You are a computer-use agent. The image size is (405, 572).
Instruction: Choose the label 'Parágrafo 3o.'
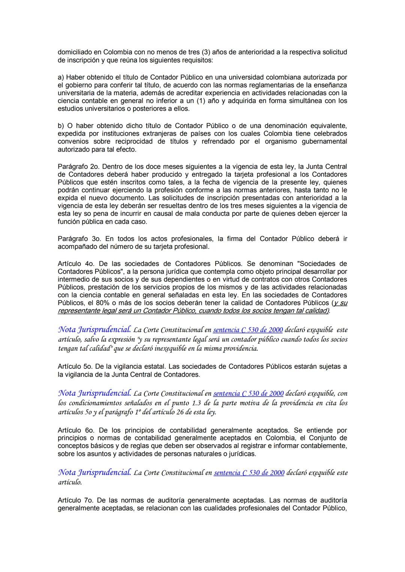(79, 239)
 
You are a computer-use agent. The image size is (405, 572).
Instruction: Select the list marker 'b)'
(61, 126)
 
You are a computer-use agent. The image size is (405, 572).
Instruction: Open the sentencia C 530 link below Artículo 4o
(248, 330)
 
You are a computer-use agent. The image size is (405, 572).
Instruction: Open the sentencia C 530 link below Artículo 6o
(249, 473)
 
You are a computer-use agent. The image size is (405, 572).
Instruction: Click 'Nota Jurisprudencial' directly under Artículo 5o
(94, 394)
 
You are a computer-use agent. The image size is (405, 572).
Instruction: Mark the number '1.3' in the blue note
(197, 403)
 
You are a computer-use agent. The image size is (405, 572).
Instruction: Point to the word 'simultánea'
(306, 101)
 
